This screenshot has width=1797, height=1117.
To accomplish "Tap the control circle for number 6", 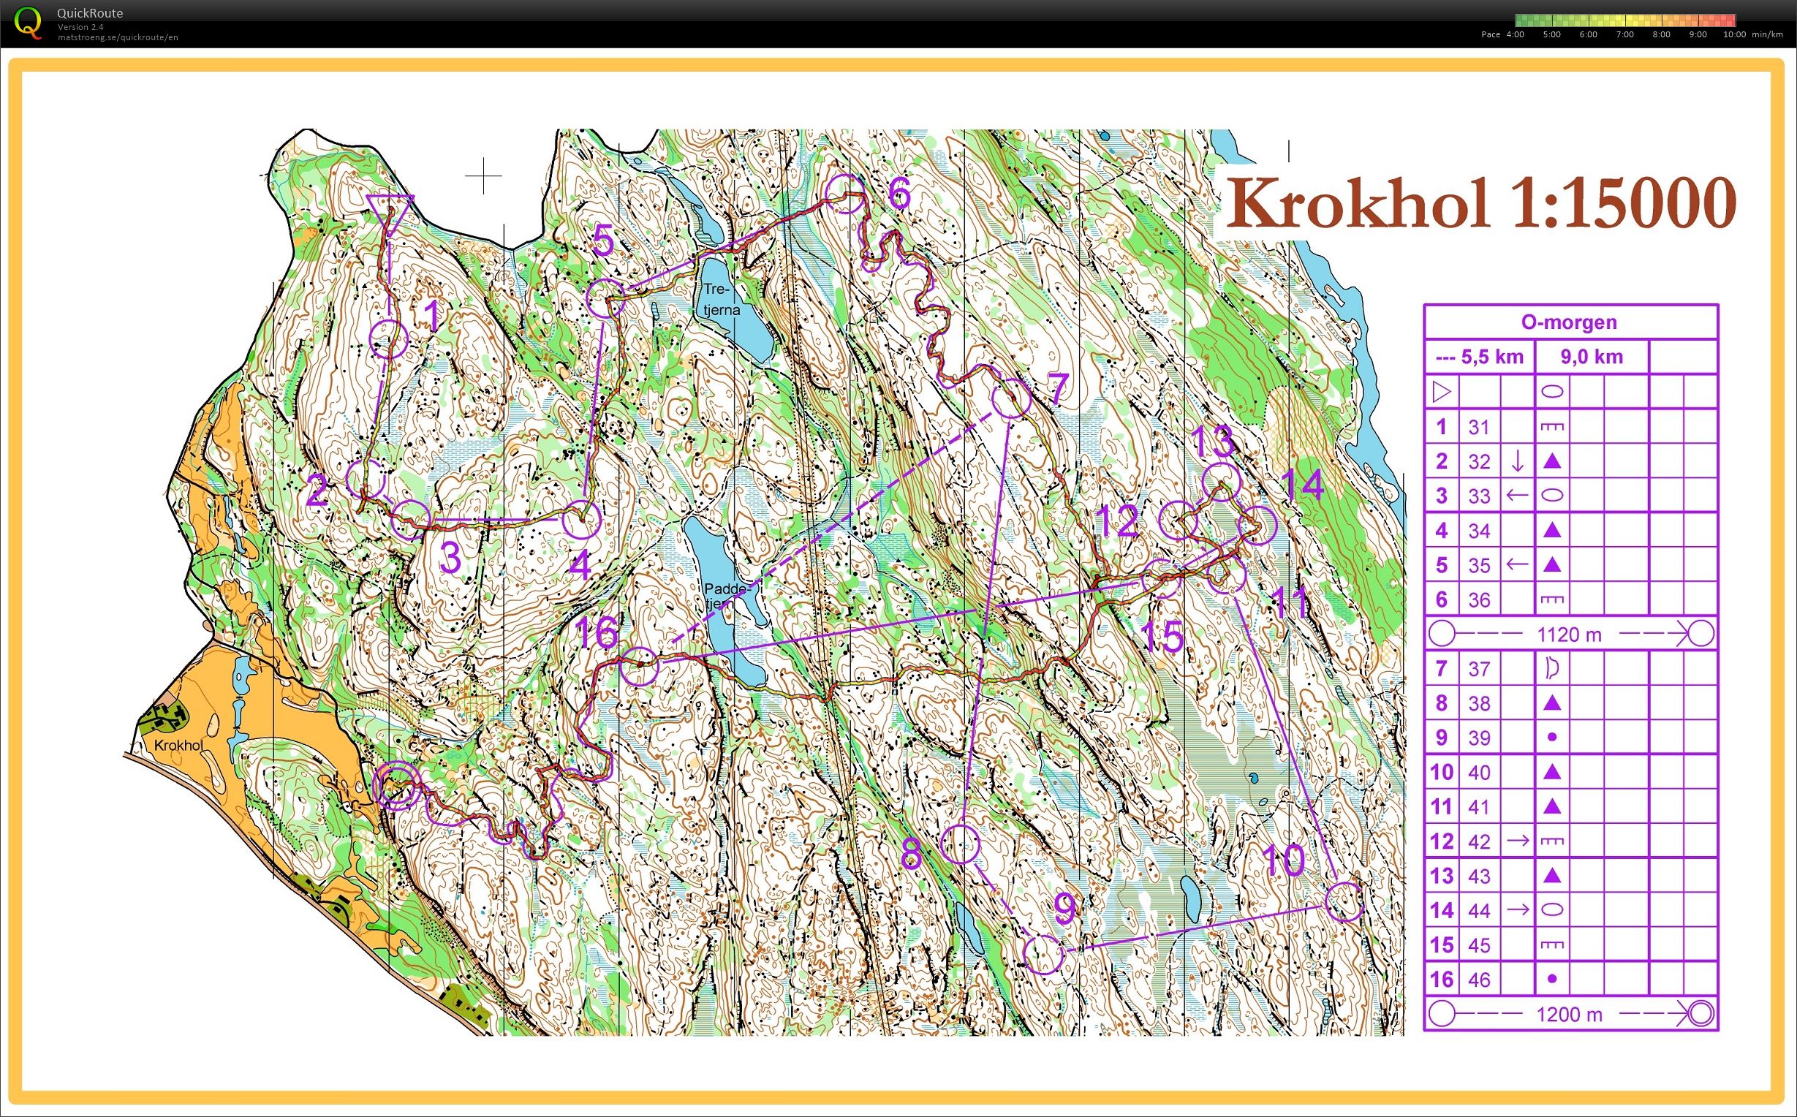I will pos(844,194).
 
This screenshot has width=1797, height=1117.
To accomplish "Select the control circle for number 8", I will pos(961,844).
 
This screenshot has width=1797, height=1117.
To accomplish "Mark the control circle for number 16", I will pos(639,667).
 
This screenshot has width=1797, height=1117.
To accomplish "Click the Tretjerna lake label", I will pos(720,299).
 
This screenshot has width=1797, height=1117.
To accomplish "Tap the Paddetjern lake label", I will pos(727,597).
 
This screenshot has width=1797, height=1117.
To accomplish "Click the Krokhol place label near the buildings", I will pos(178,746).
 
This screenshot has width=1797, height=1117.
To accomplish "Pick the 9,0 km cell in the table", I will pos(1591,357).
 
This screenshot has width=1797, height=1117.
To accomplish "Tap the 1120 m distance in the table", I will pos(1569,634).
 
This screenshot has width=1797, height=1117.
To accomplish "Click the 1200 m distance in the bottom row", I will pos(1569,1015).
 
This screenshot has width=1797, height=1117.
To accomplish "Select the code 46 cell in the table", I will pos(1479,980).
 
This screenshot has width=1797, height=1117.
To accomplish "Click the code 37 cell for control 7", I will pos(1479,669).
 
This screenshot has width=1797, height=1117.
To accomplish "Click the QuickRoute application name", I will pos(90,12).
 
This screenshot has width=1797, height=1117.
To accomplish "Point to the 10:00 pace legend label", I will pos(1734,34).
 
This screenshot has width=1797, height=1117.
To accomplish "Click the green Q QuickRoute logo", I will pos(28,21).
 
